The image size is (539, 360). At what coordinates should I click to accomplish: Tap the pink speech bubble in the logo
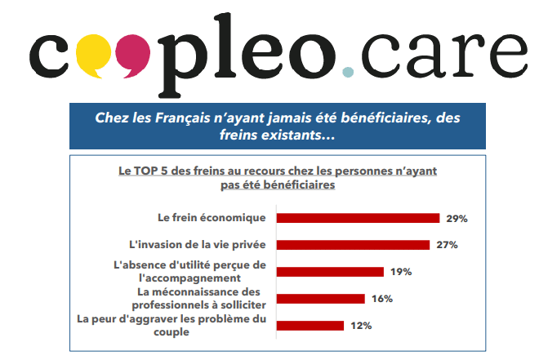(x=132, y=53)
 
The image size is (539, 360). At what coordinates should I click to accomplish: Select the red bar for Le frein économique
(x=358, y=218)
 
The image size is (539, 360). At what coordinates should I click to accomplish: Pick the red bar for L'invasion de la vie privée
(x=353, y=244)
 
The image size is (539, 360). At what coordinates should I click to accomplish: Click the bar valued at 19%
(x=330, y=272)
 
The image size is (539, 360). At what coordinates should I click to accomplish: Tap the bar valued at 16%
(x=321, y=299)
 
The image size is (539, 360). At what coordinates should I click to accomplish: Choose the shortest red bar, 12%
(x=310, y=326)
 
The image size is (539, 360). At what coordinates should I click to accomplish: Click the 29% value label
(x=456, y=218)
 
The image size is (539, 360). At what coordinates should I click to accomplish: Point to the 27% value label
(x=446, y=245)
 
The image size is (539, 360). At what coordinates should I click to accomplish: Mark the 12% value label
(x=361, y=326)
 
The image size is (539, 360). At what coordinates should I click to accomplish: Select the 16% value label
(x=382, y=299)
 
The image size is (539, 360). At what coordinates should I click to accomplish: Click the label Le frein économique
(x=212, y=218)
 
